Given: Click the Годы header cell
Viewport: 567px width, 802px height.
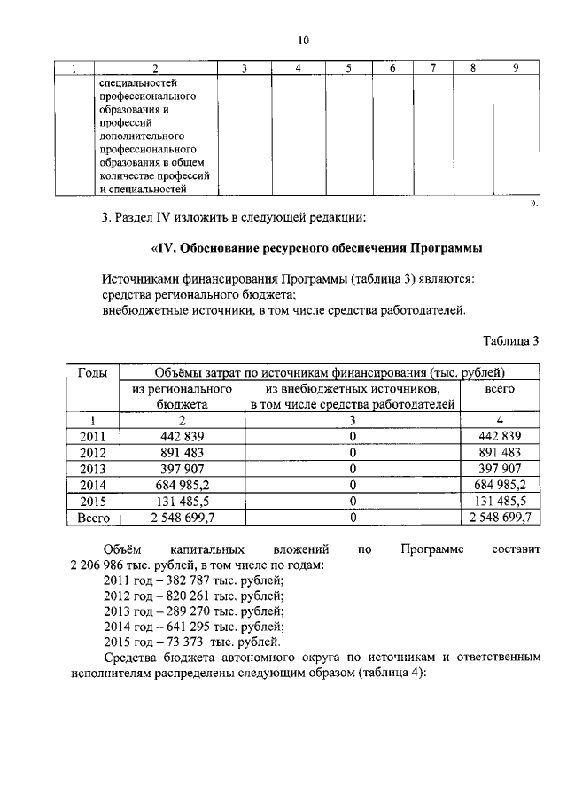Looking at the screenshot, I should pyautogui.click(x=94, y=372).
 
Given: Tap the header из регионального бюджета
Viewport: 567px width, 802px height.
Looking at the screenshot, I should pyautogui.click(x=182, y=396).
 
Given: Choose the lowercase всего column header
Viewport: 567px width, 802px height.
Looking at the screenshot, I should pyautogui.click(x=501, y=389).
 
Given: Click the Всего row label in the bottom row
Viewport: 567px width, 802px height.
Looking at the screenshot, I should pyautogui.click(x=94, y=516).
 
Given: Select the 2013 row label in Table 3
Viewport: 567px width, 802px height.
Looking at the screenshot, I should pyautogui.click(x=93, y=468).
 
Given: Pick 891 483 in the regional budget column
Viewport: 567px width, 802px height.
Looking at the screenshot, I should pyautogui.click(x=182, y=452).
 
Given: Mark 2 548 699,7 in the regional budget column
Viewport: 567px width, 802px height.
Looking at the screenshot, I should pyautogui.click(x=182, y=516).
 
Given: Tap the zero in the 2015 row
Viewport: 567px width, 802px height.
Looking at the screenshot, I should pyautogui.click(x=353, y=500).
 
